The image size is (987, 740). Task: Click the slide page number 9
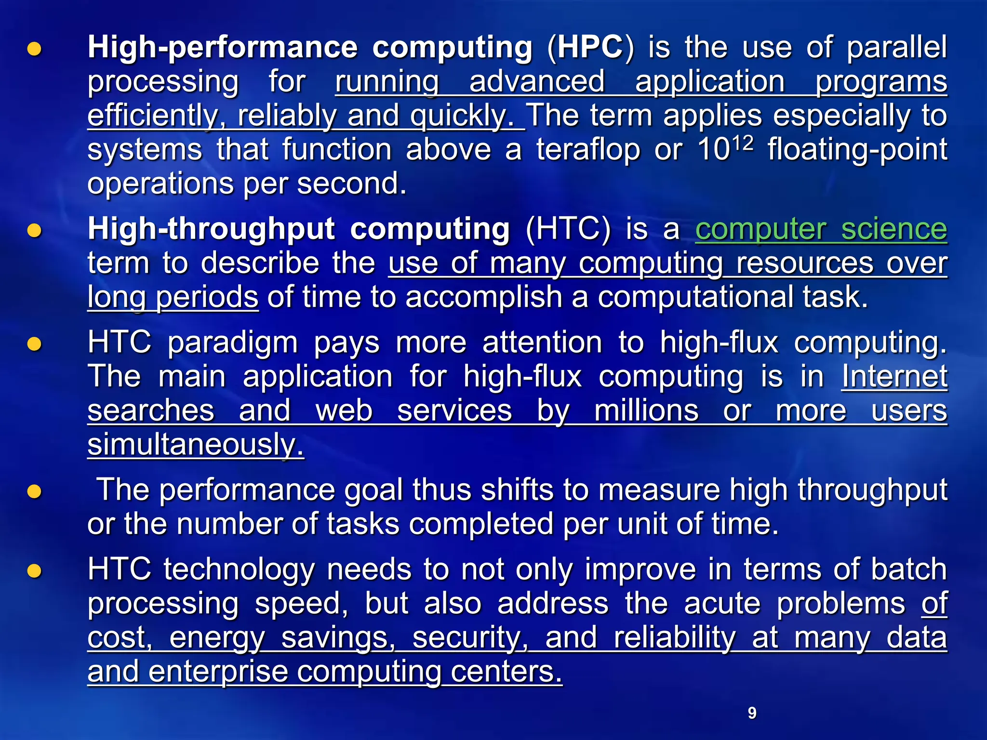click(752, 713)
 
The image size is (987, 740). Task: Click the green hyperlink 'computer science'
click(821, 229)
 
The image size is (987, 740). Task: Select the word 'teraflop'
click(588, 149)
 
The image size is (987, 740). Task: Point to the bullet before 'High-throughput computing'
click(34, 231)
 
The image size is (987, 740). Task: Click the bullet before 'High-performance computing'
click(34, 49)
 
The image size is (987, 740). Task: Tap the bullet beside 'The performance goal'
click(34, 491)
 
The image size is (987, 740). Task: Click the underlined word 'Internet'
click(894, 376)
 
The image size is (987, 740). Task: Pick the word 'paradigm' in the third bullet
click(233, 343)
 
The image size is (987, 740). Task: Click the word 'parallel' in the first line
click(897, 47)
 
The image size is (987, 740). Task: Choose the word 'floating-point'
click(857, 149)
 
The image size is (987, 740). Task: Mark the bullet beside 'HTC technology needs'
click(34, 571)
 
